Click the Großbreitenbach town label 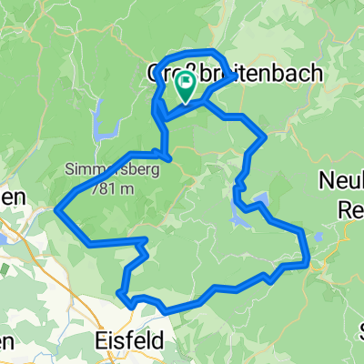[235, 74]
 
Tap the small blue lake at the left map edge [5, 238]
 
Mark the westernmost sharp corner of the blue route [56, 210]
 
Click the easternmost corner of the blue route [309, 264]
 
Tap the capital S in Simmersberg [69, 169]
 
